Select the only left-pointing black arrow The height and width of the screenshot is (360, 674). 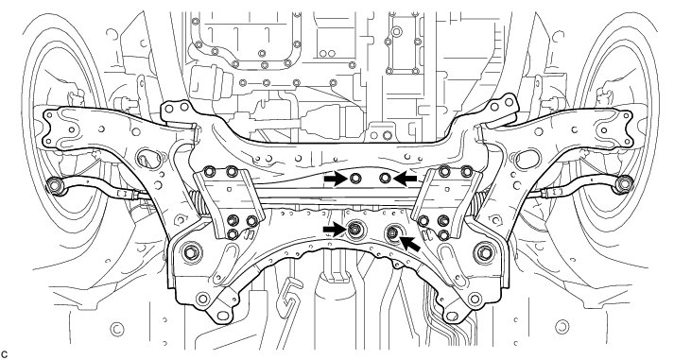pyautogui.click(x=405, y=179)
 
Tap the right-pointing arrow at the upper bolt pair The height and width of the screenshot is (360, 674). pyautogui.click(x=336, y=179)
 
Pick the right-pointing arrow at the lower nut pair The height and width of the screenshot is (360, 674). pyautogui.click(x=336, y=231)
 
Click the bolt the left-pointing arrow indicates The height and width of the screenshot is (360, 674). pyautogui.click(x=385, y=178)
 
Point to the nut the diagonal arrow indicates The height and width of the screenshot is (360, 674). pyautogui.click(x=392, y=232)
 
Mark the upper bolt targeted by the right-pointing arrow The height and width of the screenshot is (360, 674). pyautogui.click(x=355, y=178)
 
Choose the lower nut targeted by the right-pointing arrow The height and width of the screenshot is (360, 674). pyautogui.click(x=354, y=230)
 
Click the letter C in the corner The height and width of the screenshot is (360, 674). pyautogui.click(x=5, y=355)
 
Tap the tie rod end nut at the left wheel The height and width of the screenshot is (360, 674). pyautogui.click(x=54, y=185)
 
